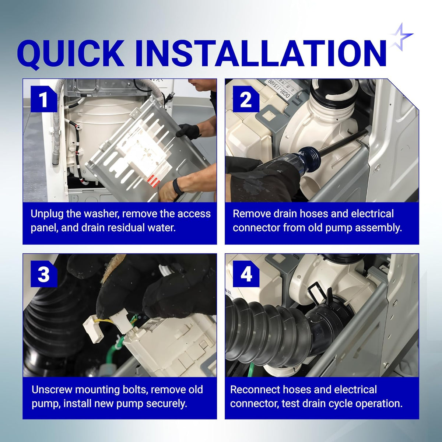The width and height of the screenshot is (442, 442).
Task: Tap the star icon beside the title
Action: click(x=401, y=37)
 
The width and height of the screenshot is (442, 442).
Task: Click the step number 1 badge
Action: click(x=43, y=99)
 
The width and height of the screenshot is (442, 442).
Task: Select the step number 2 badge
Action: click(x=246, y=99)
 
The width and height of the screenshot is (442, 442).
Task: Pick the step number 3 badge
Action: click(x=43, y=274)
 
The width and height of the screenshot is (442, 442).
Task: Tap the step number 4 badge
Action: click(x=246, y=274)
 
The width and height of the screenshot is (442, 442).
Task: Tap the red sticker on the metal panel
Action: click(x=154, y=181)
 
